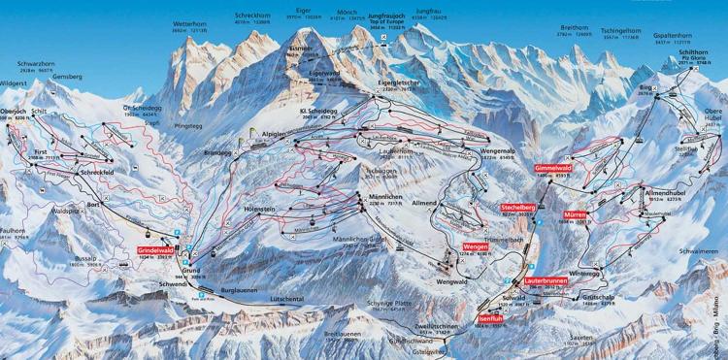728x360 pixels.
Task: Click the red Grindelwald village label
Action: [x=157, y=251]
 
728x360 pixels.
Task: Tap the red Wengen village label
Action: [x=474, y=247]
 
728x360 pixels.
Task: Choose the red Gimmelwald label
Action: [x=551, y=167]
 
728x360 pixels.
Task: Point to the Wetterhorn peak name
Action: [x=192, y=18]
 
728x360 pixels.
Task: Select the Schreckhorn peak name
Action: [x=254, y=16]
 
